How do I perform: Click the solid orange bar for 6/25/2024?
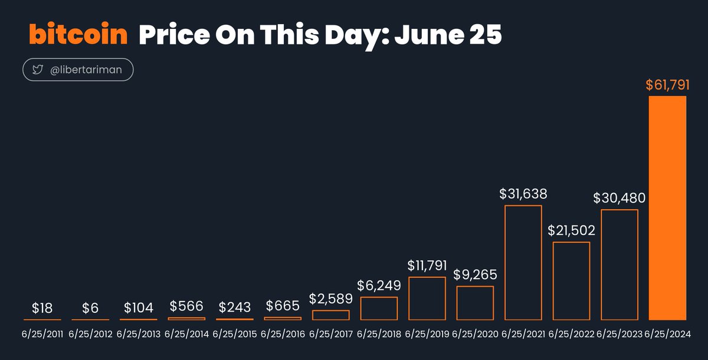click(667, 208)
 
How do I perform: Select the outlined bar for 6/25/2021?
click(523, 263)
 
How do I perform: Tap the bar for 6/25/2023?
click(619, 264)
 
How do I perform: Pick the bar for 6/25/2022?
click(571, 281)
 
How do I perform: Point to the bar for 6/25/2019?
click(427, 298)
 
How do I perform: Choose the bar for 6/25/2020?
click(475, 303)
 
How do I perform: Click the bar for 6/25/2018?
click(379, 308)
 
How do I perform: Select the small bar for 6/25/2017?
click(330, 315)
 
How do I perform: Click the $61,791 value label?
click(667, 85)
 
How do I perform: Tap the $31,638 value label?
click(523, 194)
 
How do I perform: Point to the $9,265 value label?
click(475, 274)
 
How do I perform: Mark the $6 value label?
click(90, 307)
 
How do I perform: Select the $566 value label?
click(186, 306)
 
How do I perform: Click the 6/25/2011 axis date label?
click(42, 334)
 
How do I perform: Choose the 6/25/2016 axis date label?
click(283, 334)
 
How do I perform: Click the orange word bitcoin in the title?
click(78, 35)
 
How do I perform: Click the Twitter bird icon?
click(38, 70)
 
